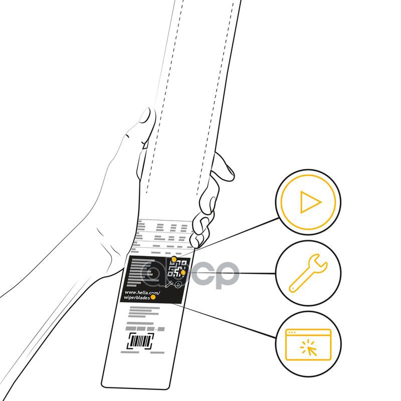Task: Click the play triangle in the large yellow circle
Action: [x=310, y=203]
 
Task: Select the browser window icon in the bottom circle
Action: [x=308, y=344]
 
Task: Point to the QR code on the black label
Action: [x=177, y=269]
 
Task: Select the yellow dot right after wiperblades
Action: [x=153, y=297]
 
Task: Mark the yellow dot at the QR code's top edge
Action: [x=174, y=259]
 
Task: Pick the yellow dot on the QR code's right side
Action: [x=183, y=273]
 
